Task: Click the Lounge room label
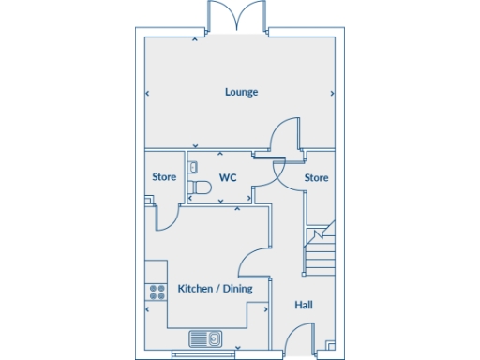(x=241, y=92)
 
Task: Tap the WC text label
(x=228, y=177)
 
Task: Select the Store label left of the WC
(x=165, y=177)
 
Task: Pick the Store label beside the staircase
(x=317, y=177)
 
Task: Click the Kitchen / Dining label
(x=215, y=289)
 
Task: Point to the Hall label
(x=304, y=305)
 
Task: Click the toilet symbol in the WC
(x=198, y=188)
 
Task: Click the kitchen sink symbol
(x=203, y=337)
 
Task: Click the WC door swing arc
(x=271, y=172)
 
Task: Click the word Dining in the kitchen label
(x=235, y=289)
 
